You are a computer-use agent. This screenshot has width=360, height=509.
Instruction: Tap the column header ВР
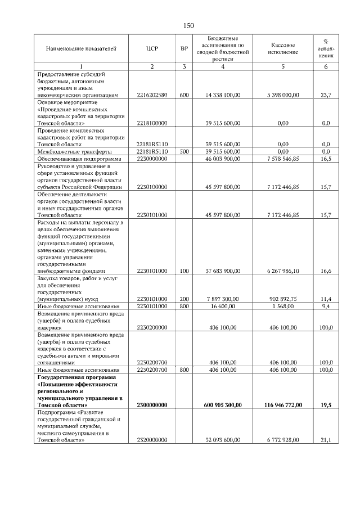(x=184, y=48)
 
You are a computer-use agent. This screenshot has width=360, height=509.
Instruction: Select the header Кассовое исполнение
(x=283, y=48)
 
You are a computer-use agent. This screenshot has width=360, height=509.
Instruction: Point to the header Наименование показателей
(x=81, y=48)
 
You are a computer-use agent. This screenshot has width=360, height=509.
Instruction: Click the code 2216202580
(x=152, y=95)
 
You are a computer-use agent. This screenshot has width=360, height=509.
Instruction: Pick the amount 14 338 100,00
(x=223, y=95)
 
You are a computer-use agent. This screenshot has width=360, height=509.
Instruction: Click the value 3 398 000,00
(x=283, y=95)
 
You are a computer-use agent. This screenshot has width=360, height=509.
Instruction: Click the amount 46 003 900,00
(x=223, y=159)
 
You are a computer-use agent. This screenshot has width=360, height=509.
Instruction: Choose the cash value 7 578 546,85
(x=283, y=159)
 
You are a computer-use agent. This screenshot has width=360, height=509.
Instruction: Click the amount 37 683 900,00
(x=223, y=271)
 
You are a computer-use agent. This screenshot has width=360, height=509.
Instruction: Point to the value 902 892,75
(x=283, y=299)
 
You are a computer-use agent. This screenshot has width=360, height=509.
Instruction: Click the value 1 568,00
(x=283, y=306)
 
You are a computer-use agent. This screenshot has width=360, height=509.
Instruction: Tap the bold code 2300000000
(x=152, y=404)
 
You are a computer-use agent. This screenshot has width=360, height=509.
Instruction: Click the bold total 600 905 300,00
(x=223, y=404)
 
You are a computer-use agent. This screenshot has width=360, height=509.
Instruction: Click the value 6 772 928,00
(x=283, y=440)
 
